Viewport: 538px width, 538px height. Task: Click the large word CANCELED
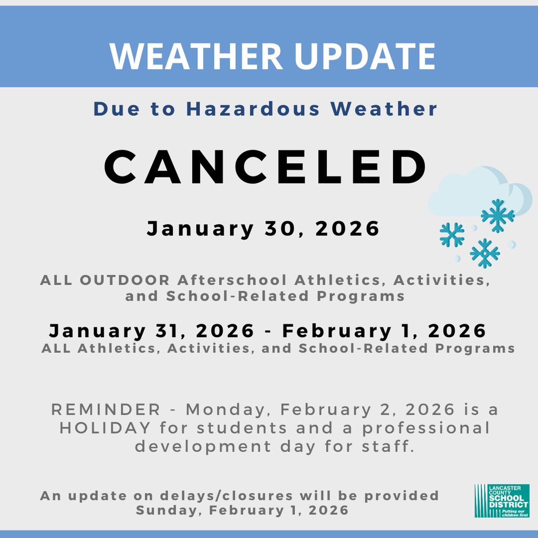266,166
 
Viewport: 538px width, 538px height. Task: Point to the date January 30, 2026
263,229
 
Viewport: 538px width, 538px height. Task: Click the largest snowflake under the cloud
498,215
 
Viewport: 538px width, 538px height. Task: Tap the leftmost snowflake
452,234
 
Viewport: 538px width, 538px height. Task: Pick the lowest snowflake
484,253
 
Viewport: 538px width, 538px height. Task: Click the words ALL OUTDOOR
105,280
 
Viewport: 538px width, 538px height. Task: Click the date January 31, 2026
151,330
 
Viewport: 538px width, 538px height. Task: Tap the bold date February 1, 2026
384,330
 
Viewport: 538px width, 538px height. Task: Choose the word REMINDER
106,409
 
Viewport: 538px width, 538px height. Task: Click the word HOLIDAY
105,428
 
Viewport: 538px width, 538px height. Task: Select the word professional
426,428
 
